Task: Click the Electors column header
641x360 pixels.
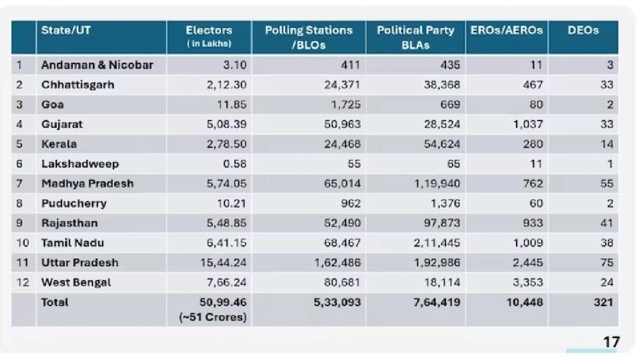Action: pos(209,37)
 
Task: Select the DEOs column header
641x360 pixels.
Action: pos(583,31)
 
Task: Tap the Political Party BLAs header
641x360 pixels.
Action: pos(415,37)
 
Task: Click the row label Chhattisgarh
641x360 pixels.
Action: pos(78,85)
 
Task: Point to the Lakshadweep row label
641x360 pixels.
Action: pos(80,164)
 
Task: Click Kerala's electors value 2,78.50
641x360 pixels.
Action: pos(227,144)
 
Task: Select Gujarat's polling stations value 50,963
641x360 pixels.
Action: pos(342,124)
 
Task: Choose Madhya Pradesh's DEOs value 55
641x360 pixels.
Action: pos(606,184)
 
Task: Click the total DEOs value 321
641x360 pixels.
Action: pos(603,302)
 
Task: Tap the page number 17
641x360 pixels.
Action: pos(612,343)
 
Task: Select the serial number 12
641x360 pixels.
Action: pos(23,282)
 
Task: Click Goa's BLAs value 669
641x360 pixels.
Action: pos(447,104)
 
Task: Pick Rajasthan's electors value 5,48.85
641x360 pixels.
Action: pos(227,224)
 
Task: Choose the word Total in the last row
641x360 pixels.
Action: pos(55,302)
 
